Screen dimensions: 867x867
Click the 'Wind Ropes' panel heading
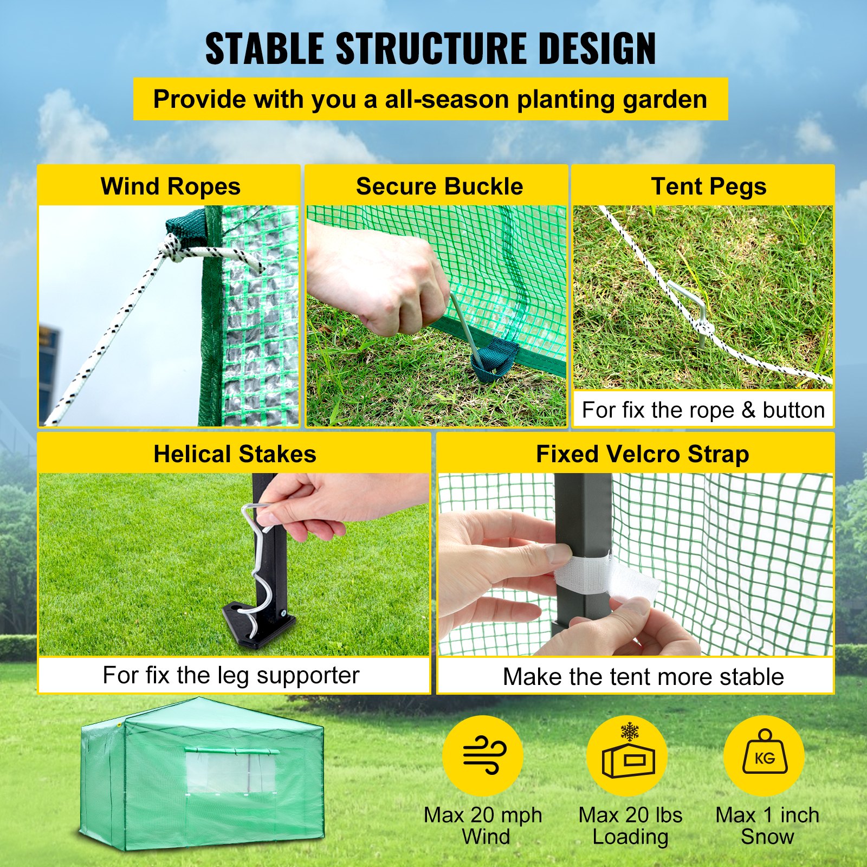(170, 186)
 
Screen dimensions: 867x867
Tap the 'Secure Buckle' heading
(439, 186)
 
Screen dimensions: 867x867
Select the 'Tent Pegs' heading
(708, 186)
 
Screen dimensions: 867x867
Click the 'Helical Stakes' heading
(235, 454)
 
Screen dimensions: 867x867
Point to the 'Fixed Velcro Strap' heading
(642, 454)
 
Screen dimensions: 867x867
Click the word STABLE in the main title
(264, 49)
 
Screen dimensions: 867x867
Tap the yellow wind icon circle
(483, 755)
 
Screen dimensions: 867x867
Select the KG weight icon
(764, 755)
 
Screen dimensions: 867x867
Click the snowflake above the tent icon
(630, 732)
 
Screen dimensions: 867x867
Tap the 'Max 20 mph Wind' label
(483, 825)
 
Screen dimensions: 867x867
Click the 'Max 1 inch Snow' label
(767, 825)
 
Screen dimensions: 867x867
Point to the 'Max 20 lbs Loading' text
(630, 825)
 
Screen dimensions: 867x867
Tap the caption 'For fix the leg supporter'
(231, 675)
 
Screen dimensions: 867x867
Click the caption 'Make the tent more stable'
(643, 676)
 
